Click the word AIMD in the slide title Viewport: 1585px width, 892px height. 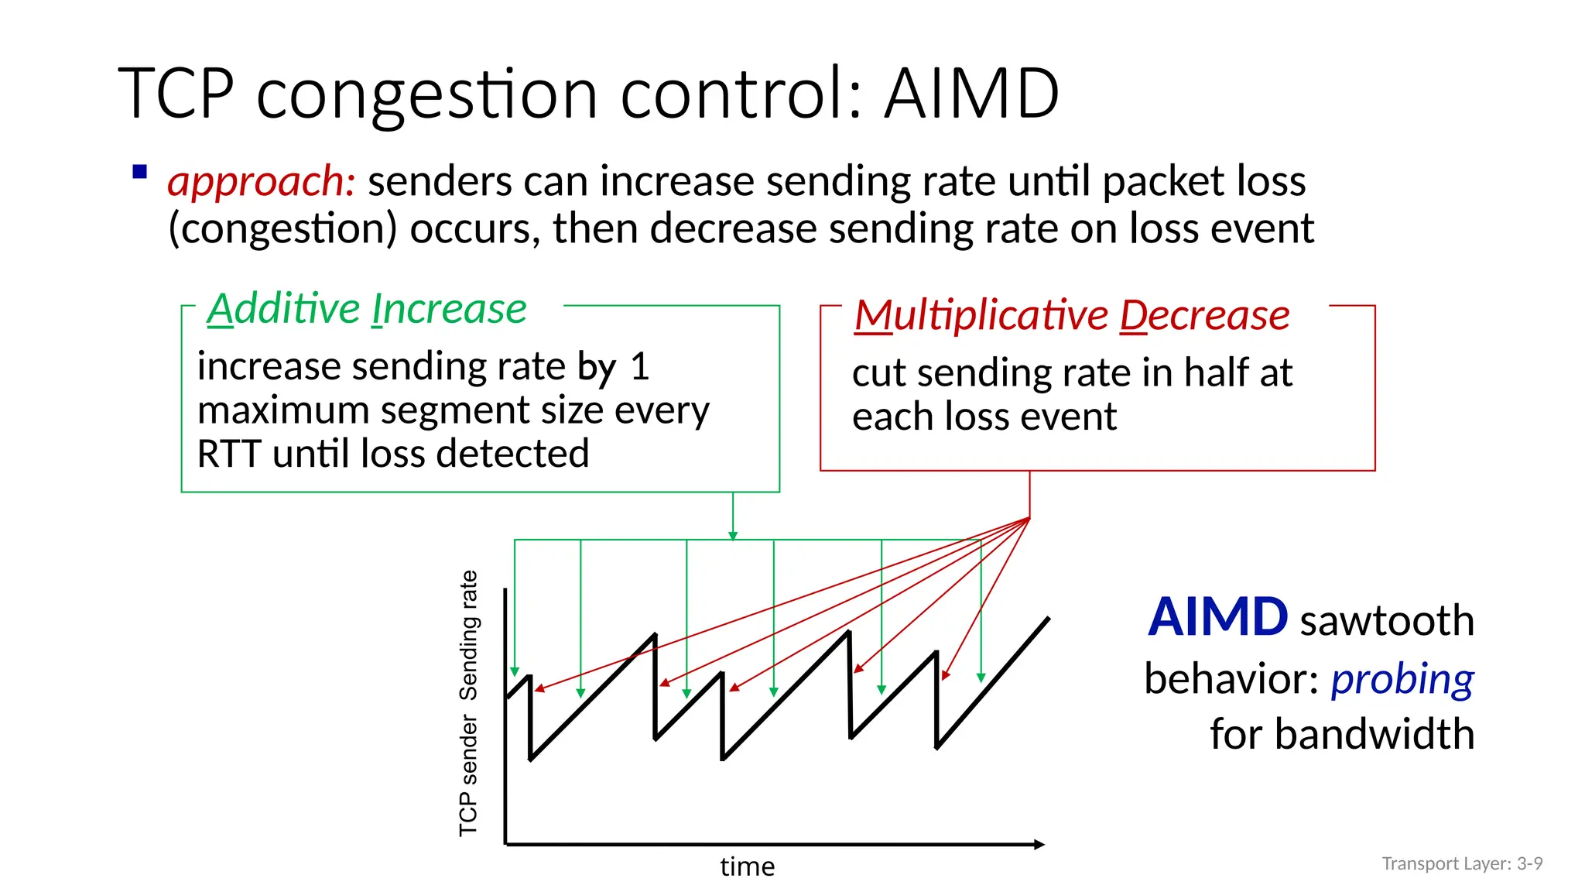point(971,94)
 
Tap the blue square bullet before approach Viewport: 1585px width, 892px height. point(140,172)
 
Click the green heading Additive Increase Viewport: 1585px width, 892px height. point(367,309)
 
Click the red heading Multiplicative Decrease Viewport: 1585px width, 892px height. point(1071,315)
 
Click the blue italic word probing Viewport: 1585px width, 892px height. point(1402,679)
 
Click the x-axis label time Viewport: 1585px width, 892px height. point(747,866)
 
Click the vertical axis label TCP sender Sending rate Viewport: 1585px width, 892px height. point(469,703)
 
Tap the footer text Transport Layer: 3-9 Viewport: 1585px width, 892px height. point(1462,863)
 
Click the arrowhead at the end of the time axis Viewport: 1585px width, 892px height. point(1039,844)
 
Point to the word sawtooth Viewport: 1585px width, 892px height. point(1387,621)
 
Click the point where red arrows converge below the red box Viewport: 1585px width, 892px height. point(1029,518)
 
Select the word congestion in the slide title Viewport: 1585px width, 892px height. point(426,95)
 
